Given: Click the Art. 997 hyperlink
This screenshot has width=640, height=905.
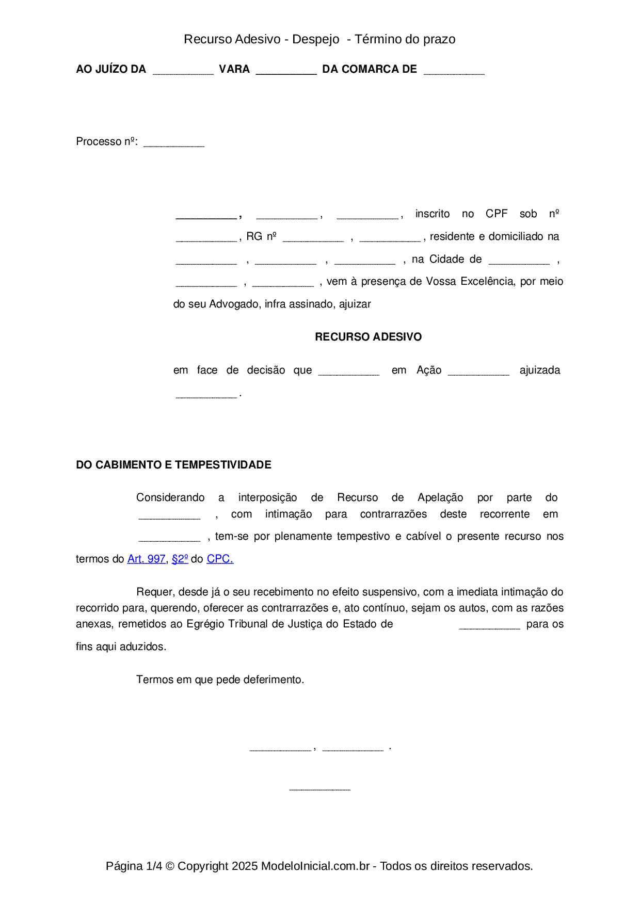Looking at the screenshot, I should pyautogui.click(x=146, y=559).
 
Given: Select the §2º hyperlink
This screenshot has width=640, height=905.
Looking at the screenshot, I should pyautogui.click(x=180, y=559).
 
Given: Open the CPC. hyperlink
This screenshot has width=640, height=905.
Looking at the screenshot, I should pyautogui.click(x=220, y=559).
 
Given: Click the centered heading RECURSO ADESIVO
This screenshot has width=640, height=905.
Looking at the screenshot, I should pyautogui.click(x=368, y=337).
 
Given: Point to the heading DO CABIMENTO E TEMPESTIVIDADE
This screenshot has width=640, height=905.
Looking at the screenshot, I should pyautogui.click(x=173, y=465).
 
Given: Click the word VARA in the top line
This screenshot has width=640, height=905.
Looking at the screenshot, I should pyautogui.click(x=234, y=69).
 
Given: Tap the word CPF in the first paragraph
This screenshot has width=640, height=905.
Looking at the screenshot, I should pyautogui.click(x=497, y=214).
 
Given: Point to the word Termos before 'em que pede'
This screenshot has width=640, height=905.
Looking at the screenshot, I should pyautogui.click(x=155, y=680).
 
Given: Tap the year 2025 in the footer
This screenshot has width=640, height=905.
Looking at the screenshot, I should pyautogui.click(x=245, y=866).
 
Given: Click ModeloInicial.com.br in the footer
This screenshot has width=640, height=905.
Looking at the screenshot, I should pyautogui.click(x=315, y=866).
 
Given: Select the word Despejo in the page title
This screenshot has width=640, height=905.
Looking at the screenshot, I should pyautogui.click(x=316, y=39).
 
